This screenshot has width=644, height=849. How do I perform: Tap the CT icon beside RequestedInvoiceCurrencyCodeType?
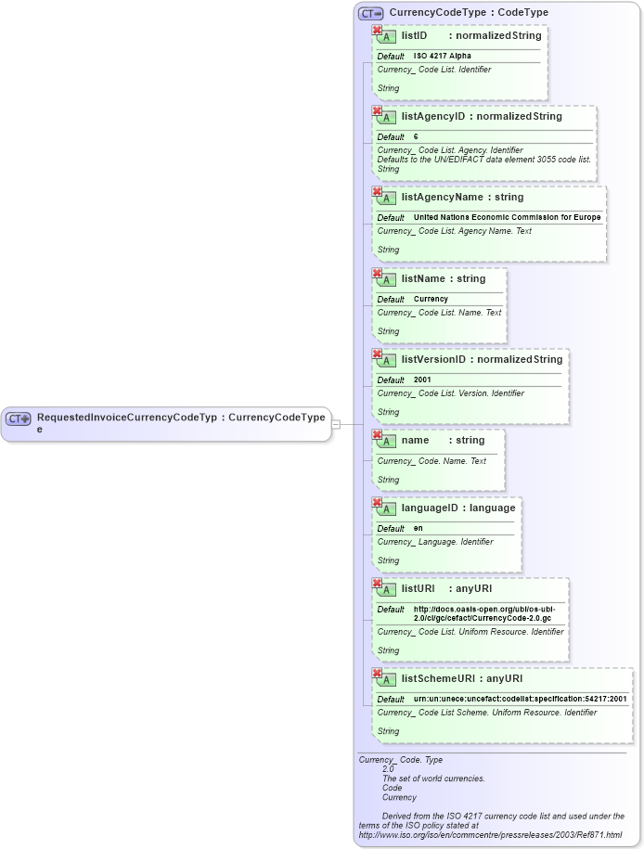click(x=19, y=418)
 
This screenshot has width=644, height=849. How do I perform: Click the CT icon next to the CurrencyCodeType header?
click(x=371, y=13)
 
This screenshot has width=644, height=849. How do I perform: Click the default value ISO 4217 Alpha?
click(x=442, y=57)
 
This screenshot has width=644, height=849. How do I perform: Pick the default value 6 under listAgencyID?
click(x=416, y=137)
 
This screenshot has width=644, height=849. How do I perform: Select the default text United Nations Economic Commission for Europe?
click(x=507, y=218)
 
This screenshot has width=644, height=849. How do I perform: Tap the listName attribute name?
click(x=424, y=279)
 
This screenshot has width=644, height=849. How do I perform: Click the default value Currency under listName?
click(x=431, y=300)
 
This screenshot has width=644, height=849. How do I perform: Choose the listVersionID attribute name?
click(x=433, y=360)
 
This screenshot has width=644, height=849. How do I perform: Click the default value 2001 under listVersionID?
click(x=422, y=380)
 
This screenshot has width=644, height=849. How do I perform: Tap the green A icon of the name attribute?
click(x=389, y=442)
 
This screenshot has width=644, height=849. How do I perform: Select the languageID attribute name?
click(x=431, y=508)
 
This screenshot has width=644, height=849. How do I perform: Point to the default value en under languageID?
click(x=418, y=529)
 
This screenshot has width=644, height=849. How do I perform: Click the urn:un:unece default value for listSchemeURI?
click(x=520, y=700)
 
